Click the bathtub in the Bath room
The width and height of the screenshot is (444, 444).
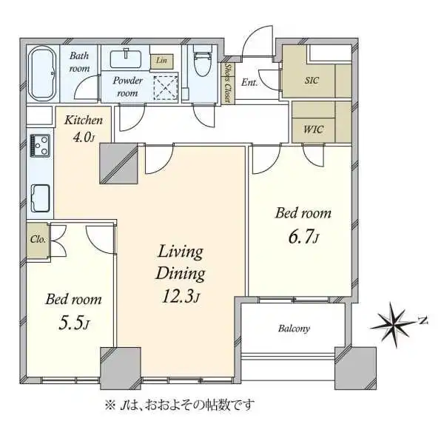(x=43, y=73)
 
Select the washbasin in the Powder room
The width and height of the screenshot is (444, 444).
(x=126, y=59)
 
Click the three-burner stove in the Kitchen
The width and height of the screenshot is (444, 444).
(x=40, y=146)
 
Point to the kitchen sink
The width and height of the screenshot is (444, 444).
(x=40, y=198)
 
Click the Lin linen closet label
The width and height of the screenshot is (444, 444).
(x=161, y=61)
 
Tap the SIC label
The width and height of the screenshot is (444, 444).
(x=312, y=81)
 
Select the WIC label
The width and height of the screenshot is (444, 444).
(x=313, y=129)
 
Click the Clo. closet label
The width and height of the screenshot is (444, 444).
(x=38, y=240)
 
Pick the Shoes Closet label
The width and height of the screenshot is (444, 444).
(x=227, y=83)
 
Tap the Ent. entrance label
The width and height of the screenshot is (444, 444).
(x=249, y=83)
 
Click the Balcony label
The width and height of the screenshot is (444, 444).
(x=294, y=329)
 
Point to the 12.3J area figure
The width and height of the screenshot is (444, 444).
(x=181, y=297)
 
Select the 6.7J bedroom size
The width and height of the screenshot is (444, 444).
(x=303, y=237)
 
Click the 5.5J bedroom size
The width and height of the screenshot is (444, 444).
(x=73, y=323)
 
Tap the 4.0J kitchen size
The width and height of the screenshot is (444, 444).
(x=84, y=138)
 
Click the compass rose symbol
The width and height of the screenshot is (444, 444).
(x=394, y=325)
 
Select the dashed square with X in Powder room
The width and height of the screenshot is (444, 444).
(x=166, y=88)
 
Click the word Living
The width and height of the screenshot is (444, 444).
(x=181, y=252)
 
